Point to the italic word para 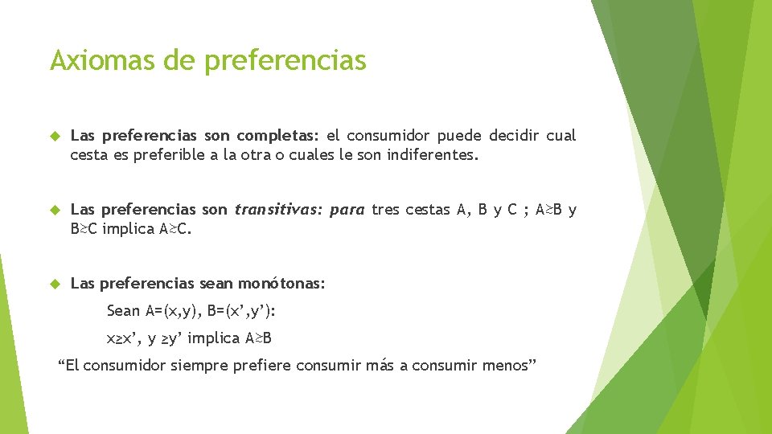pyautogui.click(x=347, y=210)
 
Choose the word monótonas pyautogui.click(x=285, y=283)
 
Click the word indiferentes pyautogui.click(x=433, y=155)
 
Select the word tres pyautogui.click(x=385, y=210)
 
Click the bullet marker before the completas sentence pyautogui.click(x=55, y=136)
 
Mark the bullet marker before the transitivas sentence pyautogui.click(x=55, y=210)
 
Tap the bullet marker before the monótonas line pyautogui.click(x=55, y=283)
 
